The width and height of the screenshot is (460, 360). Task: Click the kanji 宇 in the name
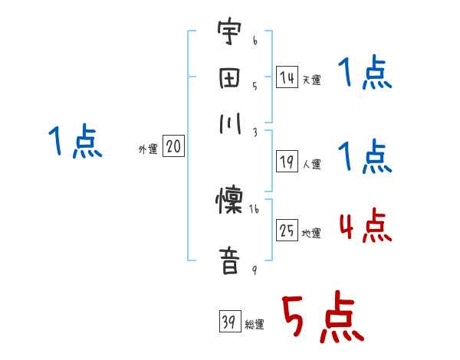pyautogui.click(x=227, y=34)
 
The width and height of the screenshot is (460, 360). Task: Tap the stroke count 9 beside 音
pyautogui.click(x=253, y=269)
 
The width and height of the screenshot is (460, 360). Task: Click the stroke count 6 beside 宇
pyautogui.click(x=255, y=37)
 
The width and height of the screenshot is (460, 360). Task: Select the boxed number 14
pyautogui.click(x=287, y=77)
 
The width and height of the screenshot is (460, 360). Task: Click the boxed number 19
pyautogui.click(x=287, y=161)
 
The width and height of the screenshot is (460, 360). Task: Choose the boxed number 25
pyautogui.click(x=287, y=231)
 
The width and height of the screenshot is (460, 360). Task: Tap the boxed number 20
pyautogui.click(x=172, y=147)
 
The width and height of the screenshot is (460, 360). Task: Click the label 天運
pyautogui.click(x=311, y=80)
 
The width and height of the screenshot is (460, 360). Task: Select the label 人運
pyautogui.click(x=311, y=164)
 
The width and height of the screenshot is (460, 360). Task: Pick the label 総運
pyautogui.click(x=255, y=325)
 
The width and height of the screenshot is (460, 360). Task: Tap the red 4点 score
pyautogui.click(x=365, y=227)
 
